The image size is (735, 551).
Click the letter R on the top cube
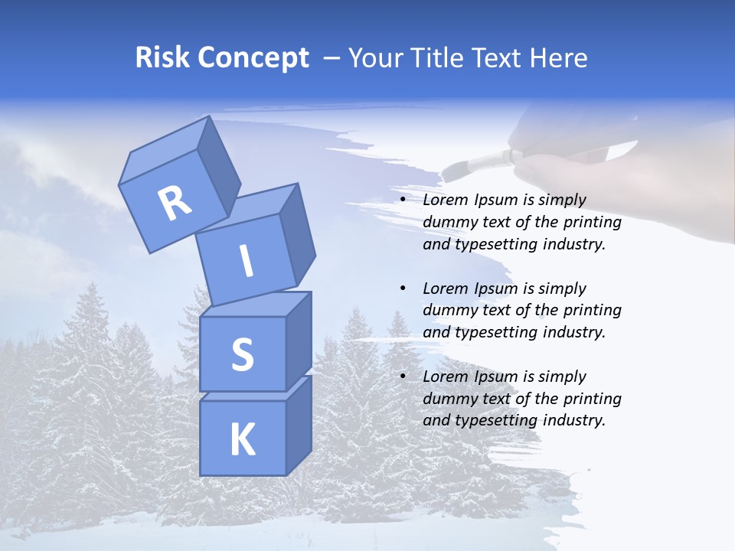(175, 204)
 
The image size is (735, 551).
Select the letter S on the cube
(242, 354)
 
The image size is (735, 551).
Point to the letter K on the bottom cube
(242, 440)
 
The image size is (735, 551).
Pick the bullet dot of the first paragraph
(403, 201)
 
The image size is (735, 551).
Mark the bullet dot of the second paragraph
(403, 289)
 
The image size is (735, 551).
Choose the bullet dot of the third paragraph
(403, 377)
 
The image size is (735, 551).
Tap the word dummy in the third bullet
(448, 398)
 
